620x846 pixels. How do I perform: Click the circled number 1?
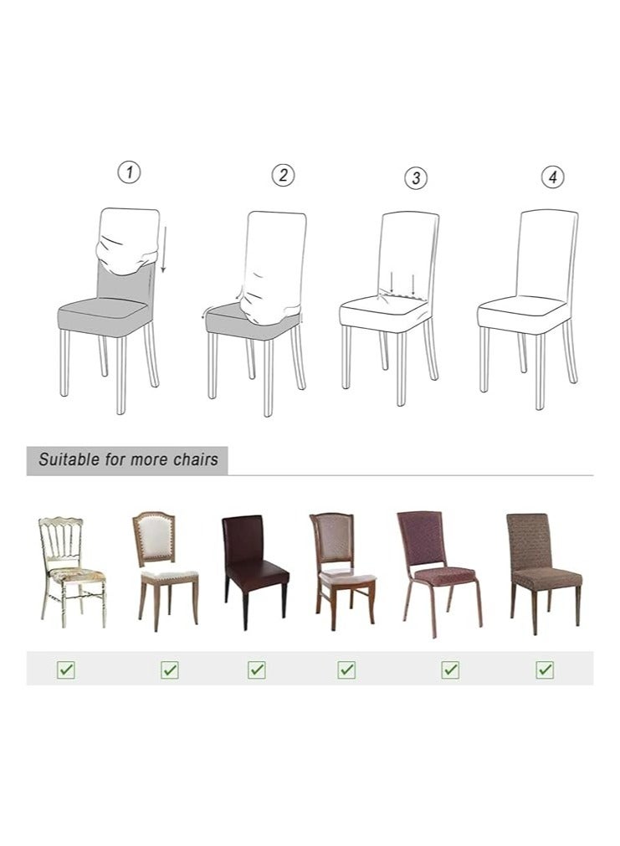pos(128,172)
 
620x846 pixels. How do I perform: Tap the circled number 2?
pos(283,175)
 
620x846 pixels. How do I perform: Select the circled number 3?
pos(416,177)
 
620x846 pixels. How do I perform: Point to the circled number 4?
pos(552,177)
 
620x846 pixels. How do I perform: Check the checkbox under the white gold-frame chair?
pos(65,669)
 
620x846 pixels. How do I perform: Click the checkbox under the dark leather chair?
pos(257,669)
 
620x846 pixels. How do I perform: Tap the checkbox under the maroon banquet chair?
pos(450,669)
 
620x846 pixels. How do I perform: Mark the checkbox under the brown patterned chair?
pos(546,669)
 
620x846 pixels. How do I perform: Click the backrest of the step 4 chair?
pos(548,251)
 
